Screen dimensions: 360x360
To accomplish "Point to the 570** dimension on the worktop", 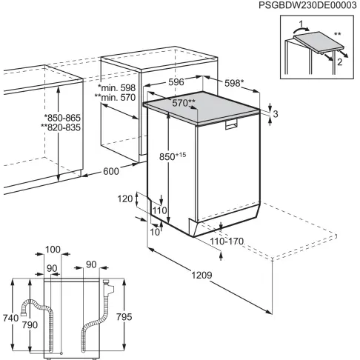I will click(184, 103).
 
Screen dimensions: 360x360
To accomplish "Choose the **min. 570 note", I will click(116, 97).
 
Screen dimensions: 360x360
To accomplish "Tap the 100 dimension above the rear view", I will click(52, 249).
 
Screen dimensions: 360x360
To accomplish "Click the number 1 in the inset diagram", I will click(293, 24).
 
